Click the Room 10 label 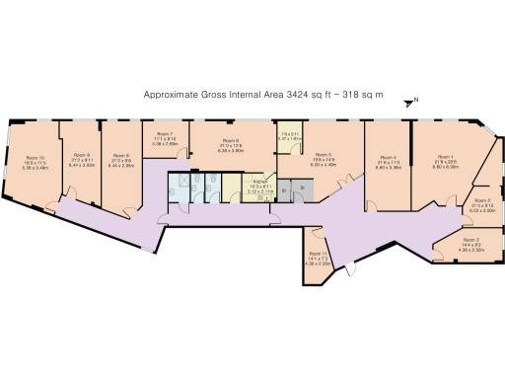pos(35,157)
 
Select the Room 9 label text pos(82,155)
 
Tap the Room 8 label pos(121,155)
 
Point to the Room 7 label pos(165,133)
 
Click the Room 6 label pos(230,141)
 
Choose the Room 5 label pos(323,155)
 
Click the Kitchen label pos(260,183)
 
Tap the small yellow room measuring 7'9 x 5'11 pos(288,136)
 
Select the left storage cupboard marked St pos(284,189)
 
